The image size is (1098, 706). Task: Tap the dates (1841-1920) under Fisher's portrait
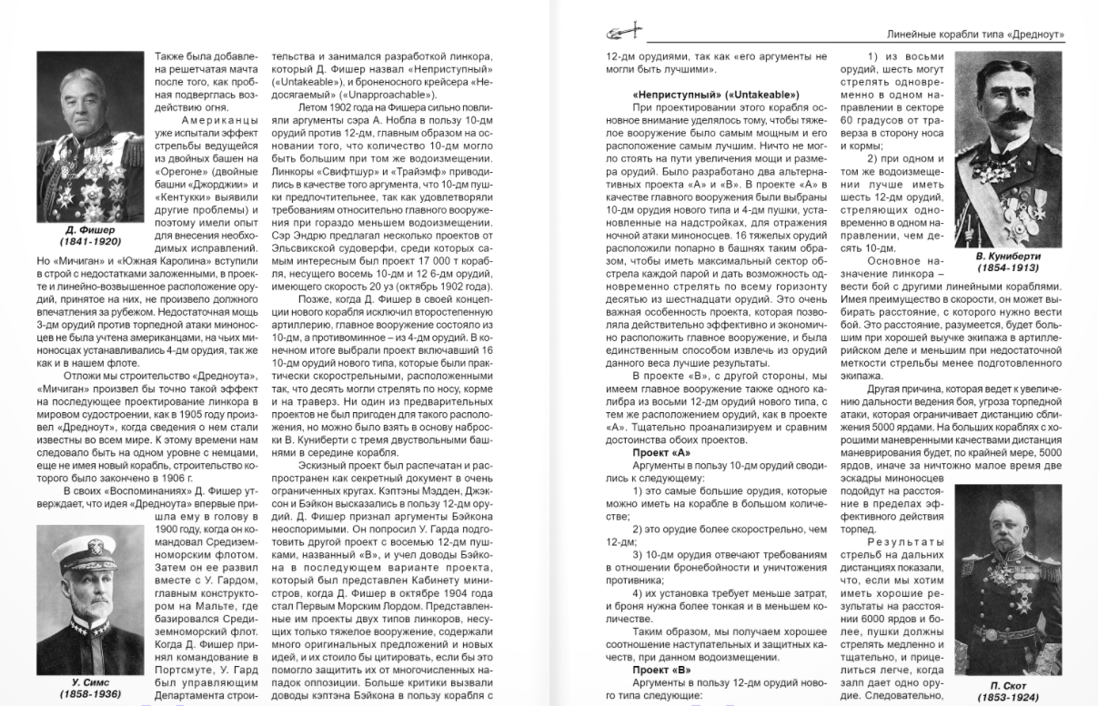(90, 242)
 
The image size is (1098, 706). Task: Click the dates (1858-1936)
(90, 694)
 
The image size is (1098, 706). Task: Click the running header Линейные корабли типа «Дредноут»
(975, 35)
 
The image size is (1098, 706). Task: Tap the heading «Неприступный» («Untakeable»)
(715, 96)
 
